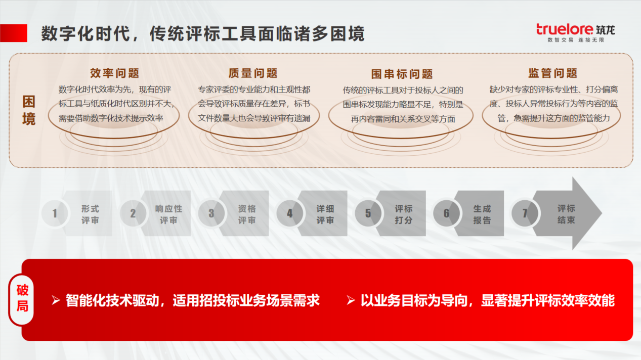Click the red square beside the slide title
pyautogui.click(x=14, y=33)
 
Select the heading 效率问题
pyautogui.click(x=114, y=73)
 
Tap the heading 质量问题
pyautogui.click(x=253, y=73)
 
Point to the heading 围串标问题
pyautogui.click(x=402, y=74)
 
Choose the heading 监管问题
pyautogui.click(x=552, y=73)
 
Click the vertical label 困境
pyautogui.click(x=29, y=110)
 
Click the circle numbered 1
pyautogui.click(x=55, y=213)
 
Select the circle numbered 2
pyautogui.click(x=133, y=213)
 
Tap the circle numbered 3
pyautogui.click(x=211, y=213)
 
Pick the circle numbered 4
pyautogui.click(x=289, y=213)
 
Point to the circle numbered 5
pyautogui.click(x=368, y=213)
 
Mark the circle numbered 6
pyautogui.click(x=446, y=213)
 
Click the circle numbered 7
pyautogui.click(x=525, y=213)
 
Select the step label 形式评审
pyautogui.click(x=90, y=214)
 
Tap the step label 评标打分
pyautogui.click(x=404, y=214)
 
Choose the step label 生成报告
pyautogui.click(x=482, y=214)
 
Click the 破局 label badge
pyautogui.click(x=22, y=299)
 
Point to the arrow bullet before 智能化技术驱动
pyautogui.click(x=56, y=300)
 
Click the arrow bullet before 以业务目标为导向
pyautogui.click(x=351, y=300)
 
